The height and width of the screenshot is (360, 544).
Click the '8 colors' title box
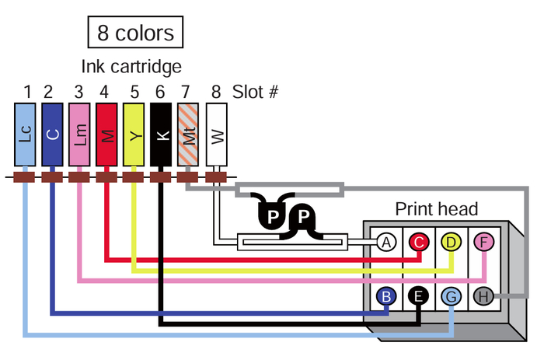(x=135, y=33)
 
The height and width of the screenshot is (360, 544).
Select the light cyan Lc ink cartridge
(x=26, y=134)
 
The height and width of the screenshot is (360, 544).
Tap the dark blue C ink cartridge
(x=51, y=134)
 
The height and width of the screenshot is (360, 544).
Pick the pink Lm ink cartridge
(x=79, y=134)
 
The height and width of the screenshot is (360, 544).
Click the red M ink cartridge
(x=106, y=134)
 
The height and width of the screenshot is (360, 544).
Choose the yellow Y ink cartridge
(x=134, y=134)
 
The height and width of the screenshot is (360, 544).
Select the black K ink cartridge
(x=161, y=134)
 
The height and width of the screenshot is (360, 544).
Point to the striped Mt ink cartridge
(x=188, y=134)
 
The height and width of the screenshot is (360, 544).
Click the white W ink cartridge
(x=215, y=134)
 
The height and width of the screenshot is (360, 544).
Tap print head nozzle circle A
(x=386, y=243)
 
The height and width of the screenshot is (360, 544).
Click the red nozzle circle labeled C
(x=419, y=243)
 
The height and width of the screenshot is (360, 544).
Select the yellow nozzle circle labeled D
(x=451, y=243)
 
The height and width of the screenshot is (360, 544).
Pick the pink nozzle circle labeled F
(x=483, y=243)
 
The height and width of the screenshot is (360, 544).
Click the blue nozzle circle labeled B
(x=386, y=295)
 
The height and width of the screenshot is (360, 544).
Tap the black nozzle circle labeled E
(x=419, y=295)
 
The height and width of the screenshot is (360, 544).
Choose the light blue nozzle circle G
(x=451, y=295)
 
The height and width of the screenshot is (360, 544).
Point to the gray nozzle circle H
(x=483, y=295)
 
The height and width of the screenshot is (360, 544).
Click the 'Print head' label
(x=437, y=209)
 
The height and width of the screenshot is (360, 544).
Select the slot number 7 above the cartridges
(x=185, y=92)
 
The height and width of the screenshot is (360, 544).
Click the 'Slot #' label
(x=256, y=92)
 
